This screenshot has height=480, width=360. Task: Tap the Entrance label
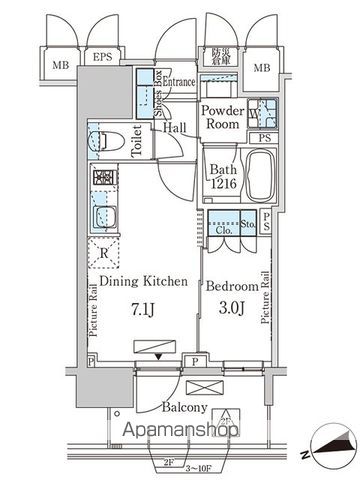click(x=179, y=82)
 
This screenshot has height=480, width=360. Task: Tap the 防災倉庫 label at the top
click(x=221, y=56)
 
